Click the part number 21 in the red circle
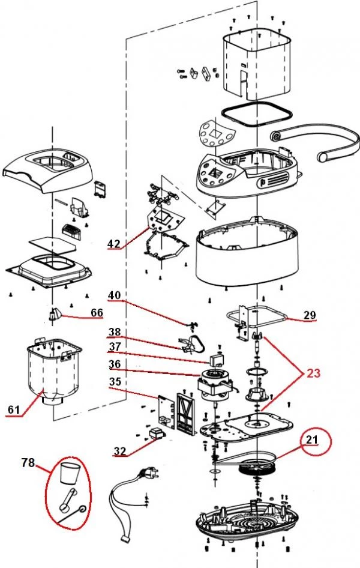point(311,440)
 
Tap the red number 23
point(313,373)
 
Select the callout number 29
point(310,315)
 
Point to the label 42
point(114,244)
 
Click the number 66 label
point(97,312)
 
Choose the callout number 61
point(14,409)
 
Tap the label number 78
point(28,462)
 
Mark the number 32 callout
point(120,451)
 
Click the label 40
point(115,295)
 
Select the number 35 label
point(115,381)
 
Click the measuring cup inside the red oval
point(68,473)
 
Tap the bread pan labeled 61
point(54,370)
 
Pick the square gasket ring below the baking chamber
point(257,113)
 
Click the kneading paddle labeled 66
point(55,314)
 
